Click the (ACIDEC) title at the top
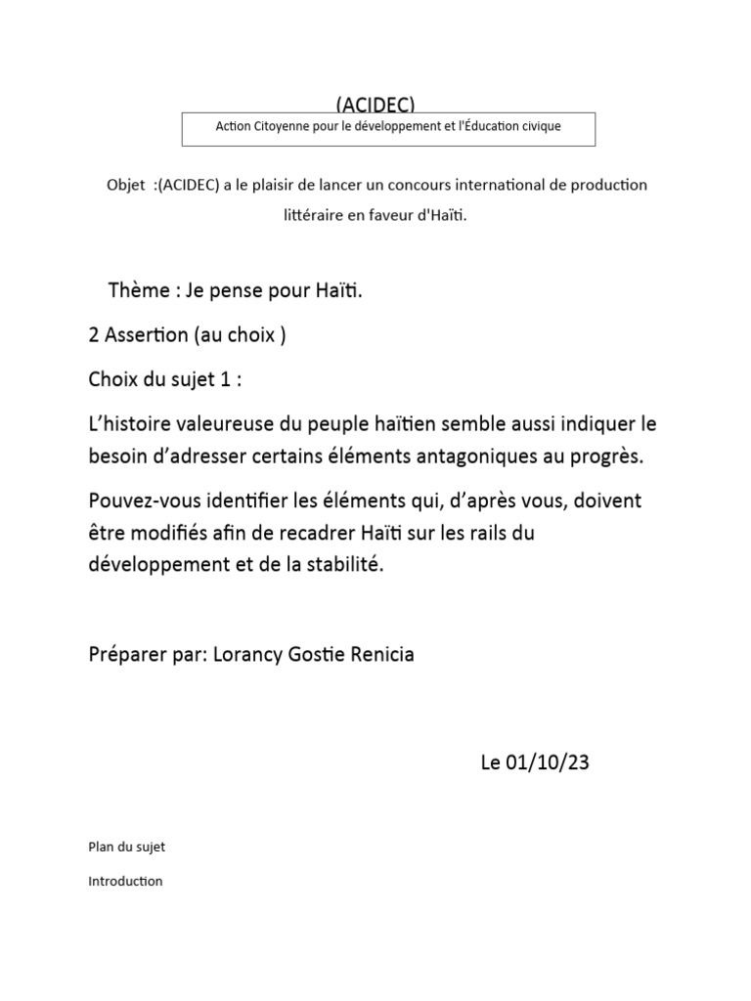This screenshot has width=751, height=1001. (375, 105)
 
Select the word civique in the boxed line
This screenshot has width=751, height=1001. (540, 127)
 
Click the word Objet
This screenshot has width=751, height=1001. (123, 186)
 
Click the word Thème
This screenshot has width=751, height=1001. (138, 290)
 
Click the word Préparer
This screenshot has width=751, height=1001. (124, 655)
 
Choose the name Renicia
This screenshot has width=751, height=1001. (379, 655)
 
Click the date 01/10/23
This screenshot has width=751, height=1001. (549, 763)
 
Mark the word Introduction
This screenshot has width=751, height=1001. (125, 881)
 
